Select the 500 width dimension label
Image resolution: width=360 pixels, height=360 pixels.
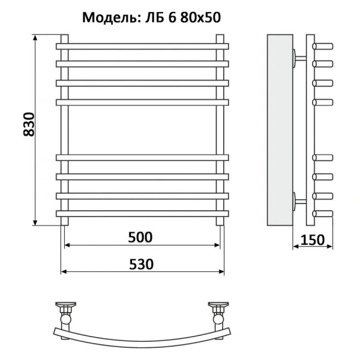coord(140,236)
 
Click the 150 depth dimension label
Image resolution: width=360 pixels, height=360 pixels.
coord(312,239)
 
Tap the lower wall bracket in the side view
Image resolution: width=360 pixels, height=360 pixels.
coord(298,200)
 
